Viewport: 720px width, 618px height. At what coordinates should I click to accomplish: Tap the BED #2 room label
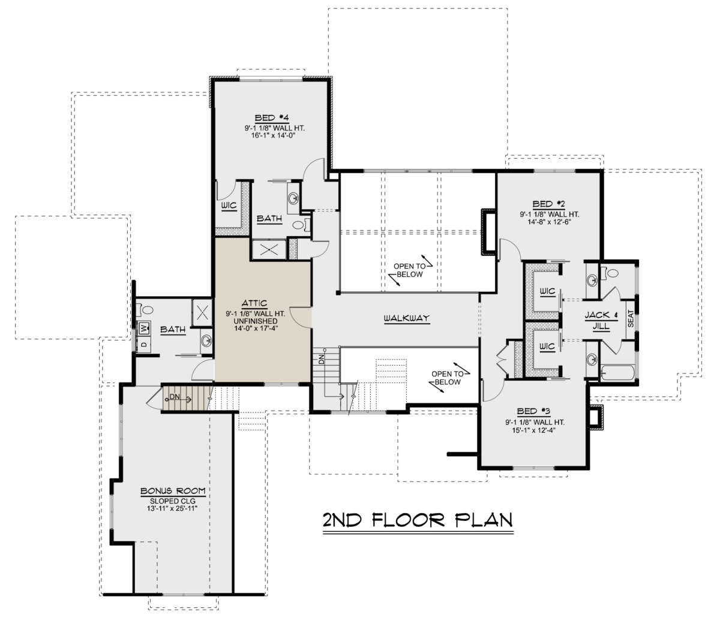pos(548,204)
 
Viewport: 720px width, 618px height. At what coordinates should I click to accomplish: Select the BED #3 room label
pos(533,411)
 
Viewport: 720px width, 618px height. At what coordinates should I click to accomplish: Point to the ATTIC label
pos(254,303)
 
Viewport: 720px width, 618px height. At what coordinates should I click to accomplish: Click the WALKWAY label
pos(407,318)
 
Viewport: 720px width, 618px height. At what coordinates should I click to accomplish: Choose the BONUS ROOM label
pos(173,491)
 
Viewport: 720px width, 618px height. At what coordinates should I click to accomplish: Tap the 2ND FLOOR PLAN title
pos(418,520)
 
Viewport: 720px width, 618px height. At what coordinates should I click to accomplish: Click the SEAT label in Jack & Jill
pos(631,318)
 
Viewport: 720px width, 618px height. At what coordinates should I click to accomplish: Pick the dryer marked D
pos(145,344)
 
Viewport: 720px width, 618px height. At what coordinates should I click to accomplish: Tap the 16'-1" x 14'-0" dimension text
pos(273,135)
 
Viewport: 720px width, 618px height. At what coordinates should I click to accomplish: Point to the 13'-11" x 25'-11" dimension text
pos(172,508)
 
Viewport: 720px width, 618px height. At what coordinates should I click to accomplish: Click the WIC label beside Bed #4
pos(229,206)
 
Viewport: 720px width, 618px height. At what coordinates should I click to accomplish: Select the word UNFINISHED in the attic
pos(256,321)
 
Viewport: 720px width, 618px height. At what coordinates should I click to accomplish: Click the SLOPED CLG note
pos(173,501)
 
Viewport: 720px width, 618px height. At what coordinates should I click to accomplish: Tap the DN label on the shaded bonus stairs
pos(175,397)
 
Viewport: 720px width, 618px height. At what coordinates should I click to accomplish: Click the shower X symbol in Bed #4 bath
pos(269,249)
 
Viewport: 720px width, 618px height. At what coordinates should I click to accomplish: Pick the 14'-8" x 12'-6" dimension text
pos(550,222)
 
